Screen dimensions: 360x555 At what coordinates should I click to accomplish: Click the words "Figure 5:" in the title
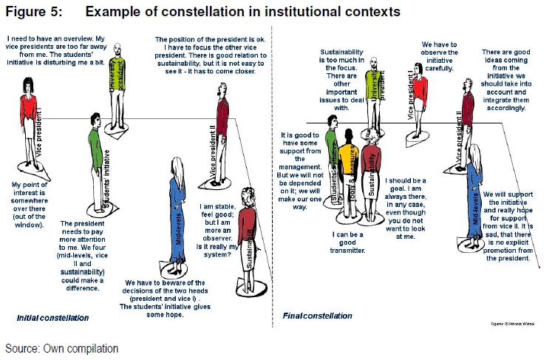[34, 12]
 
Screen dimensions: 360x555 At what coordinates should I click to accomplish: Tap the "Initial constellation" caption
[52, 318]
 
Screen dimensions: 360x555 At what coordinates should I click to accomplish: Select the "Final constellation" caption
[317, 316]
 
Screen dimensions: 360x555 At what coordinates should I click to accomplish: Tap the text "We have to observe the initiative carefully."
[440, 56]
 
